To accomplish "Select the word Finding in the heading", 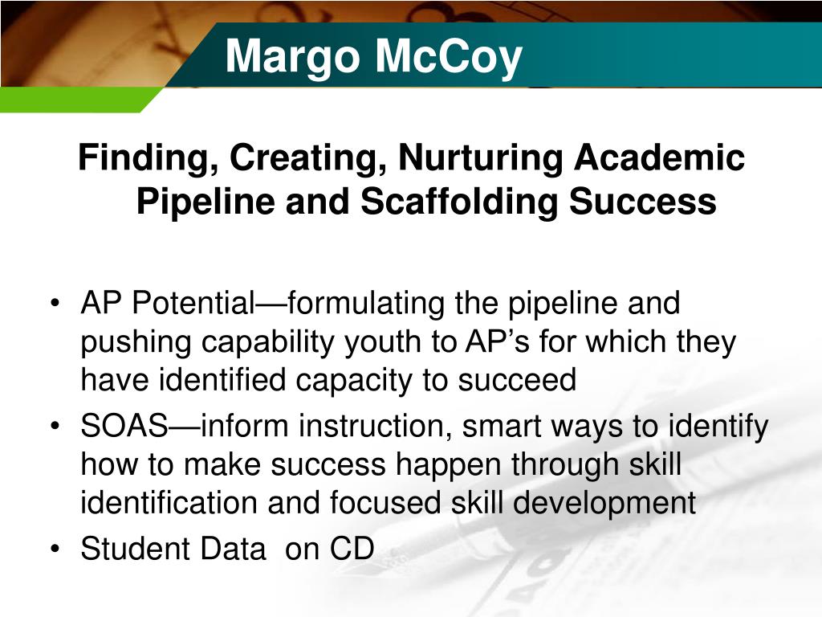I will pos(144,157).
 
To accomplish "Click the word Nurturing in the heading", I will pos(481,157).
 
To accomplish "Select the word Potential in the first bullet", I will pos(192,304).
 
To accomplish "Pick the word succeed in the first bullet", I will pos(518,381).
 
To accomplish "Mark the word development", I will pos(604,504).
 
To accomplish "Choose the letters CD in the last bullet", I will pos(352,549).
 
